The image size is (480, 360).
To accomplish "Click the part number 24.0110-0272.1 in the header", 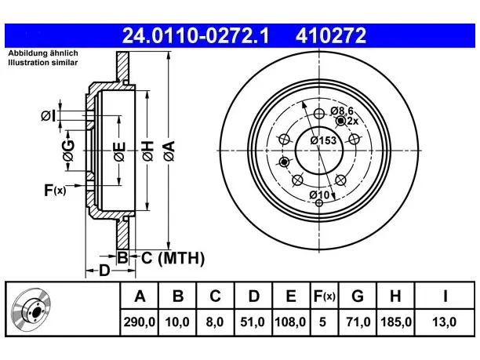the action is tap(195, 35).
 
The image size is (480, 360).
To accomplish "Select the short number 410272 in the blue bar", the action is tap(331, 35).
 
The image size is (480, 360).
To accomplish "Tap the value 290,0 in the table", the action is tap(140, 322).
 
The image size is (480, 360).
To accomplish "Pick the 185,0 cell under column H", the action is tap(396, 322).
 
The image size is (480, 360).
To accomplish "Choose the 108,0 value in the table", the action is tap(290, 322).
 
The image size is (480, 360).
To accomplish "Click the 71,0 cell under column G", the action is tap(358, 322).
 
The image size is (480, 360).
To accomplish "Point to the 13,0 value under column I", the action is tap(444, 322).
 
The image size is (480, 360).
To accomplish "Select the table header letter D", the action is tap(254, 296).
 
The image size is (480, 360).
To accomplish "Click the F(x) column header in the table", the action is tap(325, 296).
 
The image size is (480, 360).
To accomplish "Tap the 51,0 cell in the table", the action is tap(253, 322).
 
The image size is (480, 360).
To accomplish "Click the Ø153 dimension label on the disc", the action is tap(323, 140).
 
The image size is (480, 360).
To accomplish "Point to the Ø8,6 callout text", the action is tap(342, 111).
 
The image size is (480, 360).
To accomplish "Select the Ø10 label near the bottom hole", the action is tap(319, 195).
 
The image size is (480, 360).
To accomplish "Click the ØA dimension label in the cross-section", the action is tap(169, 151).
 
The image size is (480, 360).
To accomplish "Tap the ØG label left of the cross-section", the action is tap(69, 151).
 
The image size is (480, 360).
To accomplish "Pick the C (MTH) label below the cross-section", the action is tap(173, 258).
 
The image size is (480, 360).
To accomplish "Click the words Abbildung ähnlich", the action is tap(43, 53).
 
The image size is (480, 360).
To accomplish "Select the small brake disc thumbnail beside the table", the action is tap(31, 309).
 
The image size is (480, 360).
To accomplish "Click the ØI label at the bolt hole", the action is tap(49, 116).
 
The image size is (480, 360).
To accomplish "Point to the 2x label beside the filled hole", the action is tap(353, 122).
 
